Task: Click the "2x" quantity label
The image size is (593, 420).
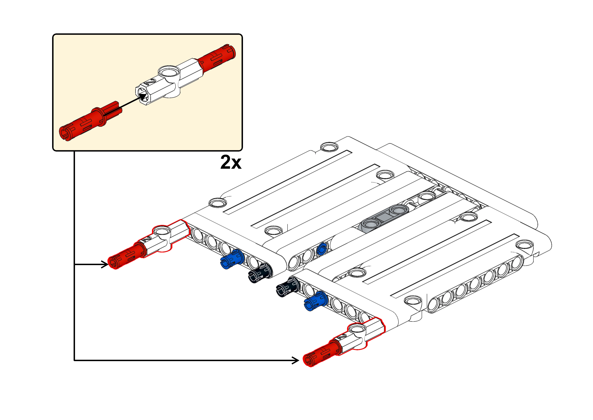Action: [x=231, y=162]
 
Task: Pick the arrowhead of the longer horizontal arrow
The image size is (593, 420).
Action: [x=295, y=360]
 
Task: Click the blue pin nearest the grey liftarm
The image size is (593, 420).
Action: [x=322, y=249]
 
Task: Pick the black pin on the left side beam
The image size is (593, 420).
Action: [x=260, y=273]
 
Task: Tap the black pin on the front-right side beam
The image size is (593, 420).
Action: [x=288, y=287]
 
